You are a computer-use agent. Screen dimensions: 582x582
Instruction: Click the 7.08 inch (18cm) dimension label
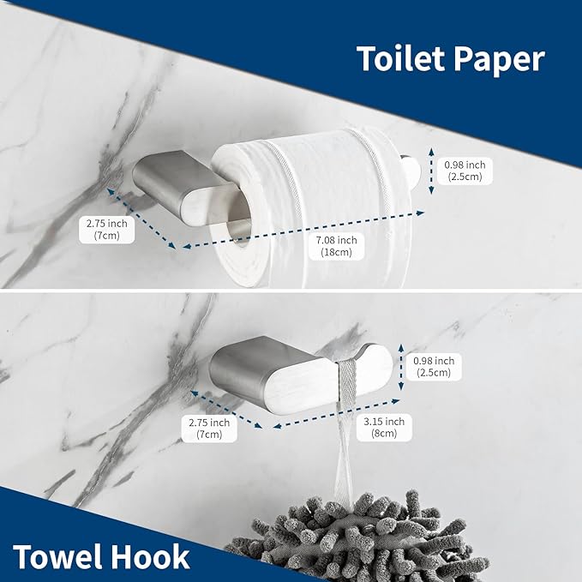(x=336, y=248)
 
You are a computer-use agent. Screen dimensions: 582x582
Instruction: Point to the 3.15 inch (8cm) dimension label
(x=383, y=428)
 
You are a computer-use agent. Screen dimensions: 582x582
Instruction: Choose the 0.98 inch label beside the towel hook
(x=434, y=367)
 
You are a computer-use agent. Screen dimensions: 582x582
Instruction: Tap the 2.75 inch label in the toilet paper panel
(x=107, y=230)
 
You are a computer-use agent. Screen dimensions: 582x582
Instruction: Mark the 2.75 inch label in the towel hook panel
(x=209, y=429)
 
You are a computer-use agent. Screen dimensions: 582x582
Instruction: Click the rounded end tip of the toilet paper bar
(x=415, y=172)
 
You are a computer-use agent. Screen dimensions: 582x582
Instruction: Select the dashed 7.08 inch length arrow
(x=300, y=230)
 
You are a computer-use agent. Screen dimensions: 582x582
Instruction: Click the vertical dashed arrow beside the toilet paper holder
(x=432, y=171)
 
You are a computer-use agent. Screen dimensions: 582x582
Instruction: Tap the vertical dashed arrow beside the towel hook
(x=401, y=368)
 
